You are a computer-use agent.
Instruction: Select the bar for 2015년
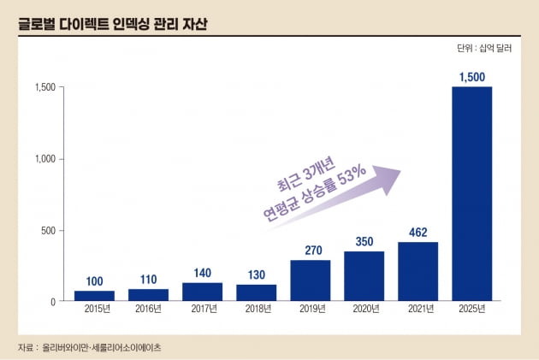pyautogui.click(x=94, y=296)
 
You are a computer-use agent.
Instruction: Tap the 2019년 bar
pyautogui.click(x=310, y=280)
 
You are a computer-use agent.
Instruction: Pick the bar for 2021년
pyautogui.click(x=418, y=271)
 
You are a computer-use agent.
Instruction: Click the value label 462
pyautogui.click(x=418, y=232)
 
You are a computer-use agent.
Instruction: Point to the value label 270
pyautogui.click(x=310, y=250)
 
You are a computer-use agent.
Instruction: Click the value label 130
pyautogui.click(x=256, y=274)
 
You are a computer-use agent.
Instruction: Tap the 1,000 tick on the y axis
pyautogui.click(x=44, y=159)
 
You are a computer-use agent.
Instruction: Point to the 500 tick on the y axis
pyautogui.click(x=48, y=230)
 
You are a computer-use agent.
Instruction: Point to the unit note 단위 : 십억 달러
pyautogui.click(x=485, y=49)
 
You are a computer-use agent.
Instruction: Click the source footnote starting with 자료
pyautogui.click(x=89, y=348)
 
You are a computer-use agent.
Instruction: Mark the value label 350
pyautogui.click(x=364, y=241)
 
